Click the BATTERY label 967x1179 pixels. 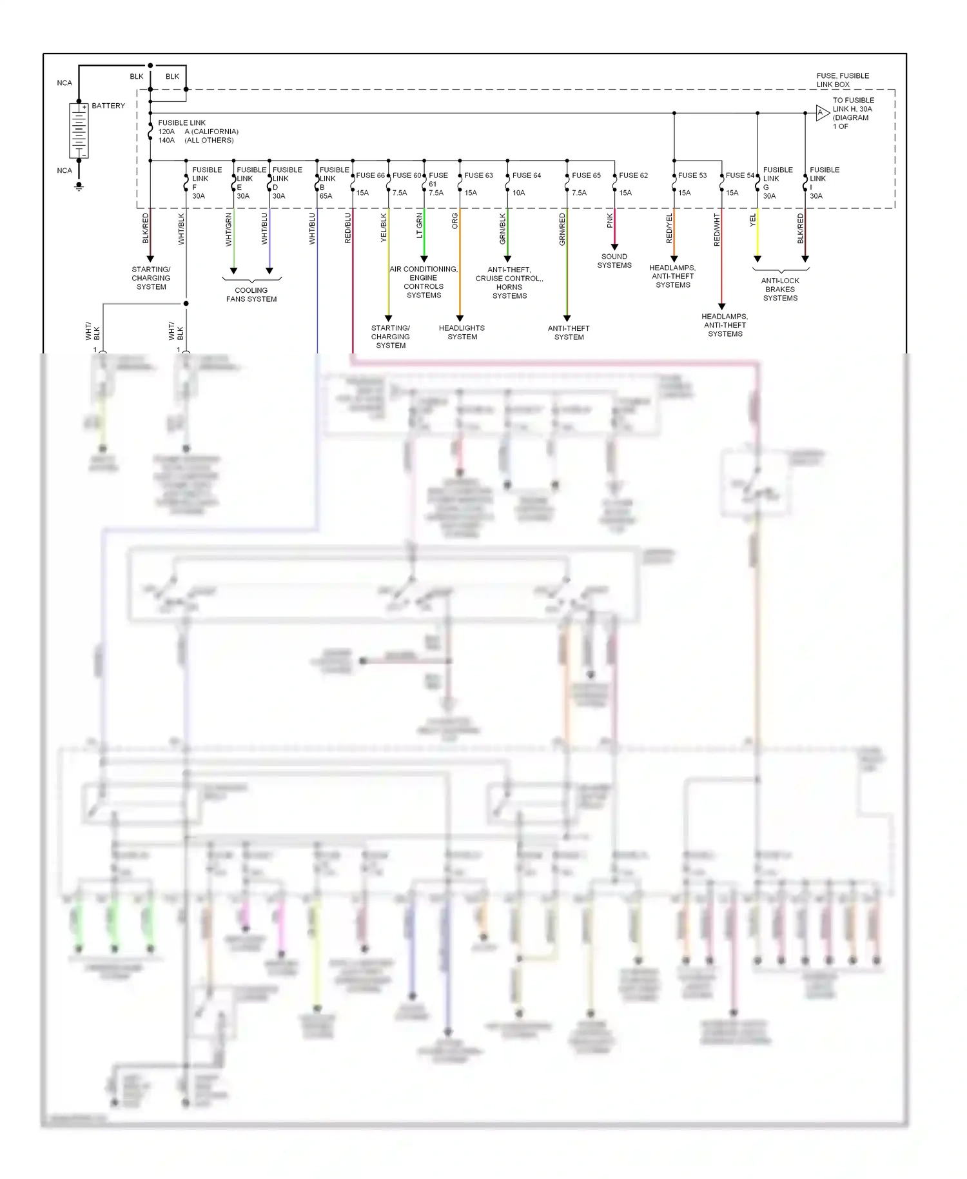tap(108, 106)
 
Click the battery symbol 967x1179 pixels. tap(79, 131)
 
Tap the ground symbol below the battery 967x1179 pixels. tap(79, 186)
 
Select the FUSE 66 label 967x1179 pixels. tap(370, 175)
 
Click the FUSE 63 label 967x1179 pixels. tap(478, 175)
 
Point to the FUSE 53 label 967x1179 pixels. tap(692, 175)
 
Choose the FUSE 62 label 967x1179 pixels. tap(633, 175)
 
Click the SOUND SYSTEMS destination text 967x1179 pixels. tap(614, 261)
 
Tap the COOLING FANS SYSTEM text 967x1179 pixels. tap(251, 295)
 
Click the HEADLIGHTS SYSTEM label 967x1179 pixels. tap(462, 332)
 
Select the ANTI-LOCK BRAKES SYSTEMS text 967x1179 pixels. tap(780, 290)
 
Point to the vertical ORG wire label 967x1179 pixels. tap(454, 221)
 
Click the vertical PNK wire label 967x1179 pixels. tap(610, 221)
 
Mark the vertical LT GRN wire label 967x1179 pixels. tap(419, 226)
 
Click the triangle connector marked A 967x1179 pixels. tap(821, 113)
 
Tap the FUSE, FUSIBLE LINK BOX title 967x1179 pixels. tap(842, 80)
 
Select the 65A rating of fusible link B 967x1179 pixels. tap(326, 196)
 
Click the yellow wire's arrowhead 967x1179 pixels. tap(757, 259)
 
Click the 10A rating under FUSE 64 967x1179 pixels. tap(518, 193)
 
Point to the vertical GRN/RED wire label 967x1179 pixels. tap(562, 229)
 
